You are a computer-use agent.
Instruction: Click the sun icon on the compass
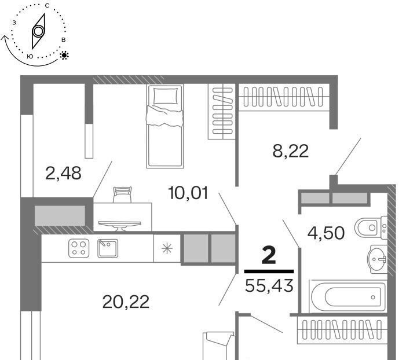point(64,55)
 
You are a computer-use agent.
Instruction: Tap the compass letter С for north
point(47,6)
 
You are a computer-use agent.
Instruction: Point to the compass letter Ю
point(30,56)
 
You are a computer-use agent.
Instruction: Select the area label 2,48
point(63,173)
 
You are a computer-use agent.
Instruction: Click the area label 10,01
point(188,193)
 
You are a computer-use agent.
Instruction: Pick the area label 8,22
point(290,151)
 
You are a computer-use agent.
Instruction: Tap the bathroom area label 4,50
point(325,233)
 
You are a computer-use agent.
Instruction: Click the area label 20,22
point(126,302)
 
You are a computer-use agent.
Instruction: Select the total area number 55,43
point(269,285)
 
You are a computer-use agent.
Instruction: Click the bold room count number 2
point(269,255)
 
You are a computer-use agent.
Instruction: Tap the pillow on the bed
point(166,96)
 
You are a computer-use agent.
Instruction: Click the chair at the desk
point(122,194)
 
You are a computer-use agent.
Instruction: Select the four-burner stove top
point(79,248)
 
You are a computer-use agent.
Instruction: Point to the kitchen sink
point(108,248)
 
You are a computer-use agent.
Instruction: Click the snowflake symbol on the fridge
point(167,249)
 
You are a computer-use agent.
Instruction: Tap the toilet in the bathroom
point(371,227)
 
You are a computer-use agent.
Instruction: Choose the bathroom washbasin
point(377,259)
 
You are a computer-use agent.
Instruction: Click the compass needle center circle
point(38,31)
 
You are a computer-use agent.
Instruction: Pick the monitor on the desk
point(120,225)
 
